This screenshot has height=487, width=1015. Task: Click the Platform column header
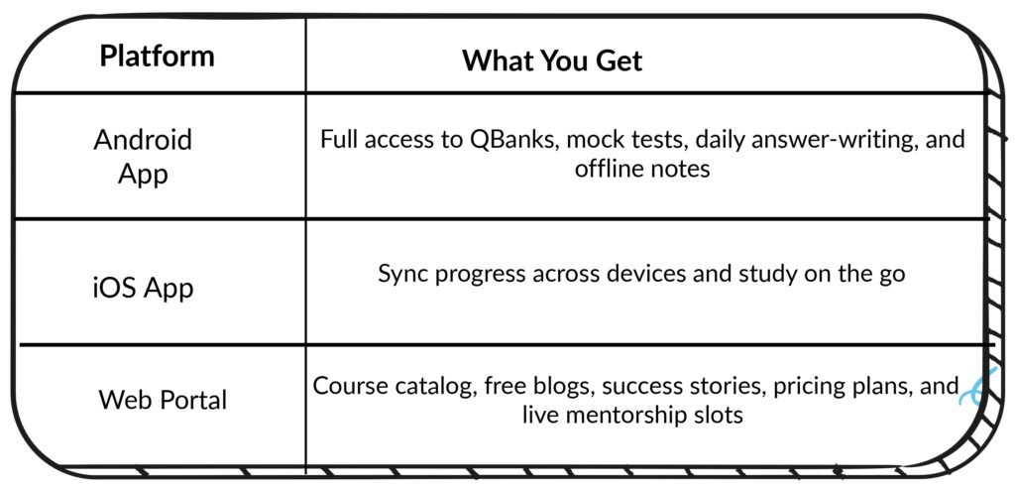157,57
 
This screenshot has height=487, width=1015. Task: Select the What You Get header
552,61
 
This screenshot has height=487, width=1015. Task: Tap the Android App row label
143,156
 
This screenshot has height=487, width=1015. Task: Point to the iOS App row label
143,288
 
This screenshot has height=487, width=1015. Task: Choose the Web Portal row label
163,400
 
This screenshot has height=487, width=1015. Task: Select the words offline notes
642,169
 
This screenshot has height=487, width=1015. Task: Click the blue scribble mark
976,387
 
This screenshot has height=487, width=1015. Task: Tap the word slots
722,414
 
